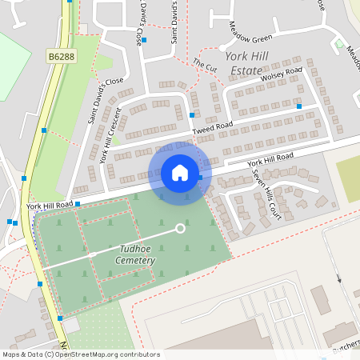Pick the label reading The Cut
coord(205,63)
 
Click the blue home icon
coord(180,173)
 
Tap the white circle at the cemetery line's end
coord(180,229)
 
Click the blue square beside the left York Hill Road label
coord(78,205)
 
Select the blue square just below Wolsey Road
coord(299,106)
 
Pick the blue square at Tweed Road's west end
coord(191,114)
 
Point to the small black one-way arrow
coord(338,279)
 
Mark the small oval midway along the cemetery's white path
coord(93,254)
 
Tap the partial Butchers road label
coord(344,350)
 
